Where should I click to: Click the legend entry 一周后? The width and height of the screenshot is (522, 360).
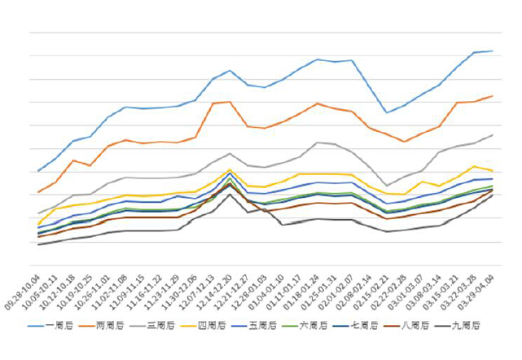tap(60, 326)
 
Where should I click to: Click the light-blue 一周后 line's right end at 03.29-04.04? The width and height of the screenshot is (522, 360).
tap(493, 51)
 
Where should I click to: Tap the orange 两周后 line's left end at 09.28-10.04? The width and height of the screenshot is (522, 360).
tap(38, 192)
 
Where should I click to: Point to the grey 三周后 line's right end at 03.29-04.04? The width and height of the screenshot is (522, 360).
tap(493, 135)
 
